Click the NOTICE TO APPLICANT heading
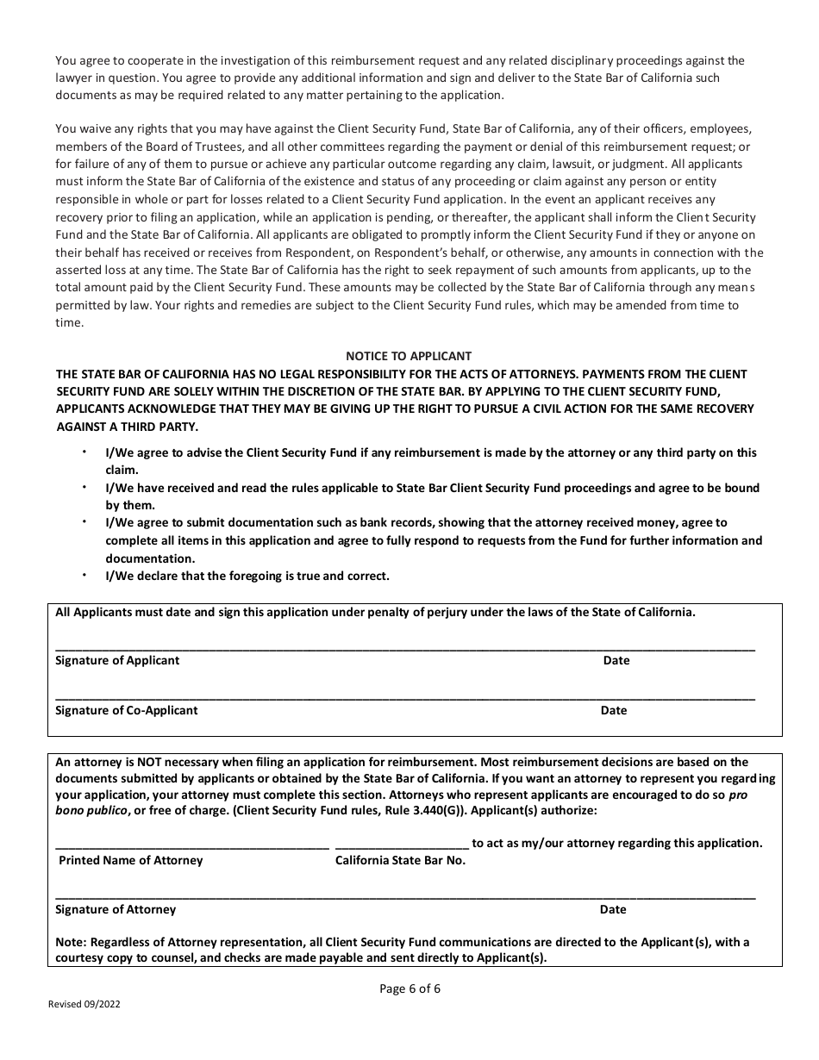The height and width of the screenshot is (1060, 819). tap(409, 356)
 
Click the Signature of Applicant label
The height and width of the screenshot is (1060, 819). tap(117, 660)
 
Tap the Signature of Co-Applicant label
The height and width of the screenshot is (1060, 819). tap(126, 710)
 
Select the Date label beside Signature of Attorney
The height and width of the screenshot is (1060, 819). tap(613, 909)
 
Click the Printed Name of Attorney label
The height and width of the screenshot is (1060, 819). tap(130, 860)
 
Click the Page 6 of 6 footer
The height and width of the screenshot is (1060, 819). tap(409, 988)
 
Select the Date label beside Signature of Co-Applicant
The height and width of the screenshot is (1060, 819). tap(614, 710)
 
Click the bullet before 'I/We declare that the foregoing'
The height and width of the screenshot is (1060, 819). tap(84, 575)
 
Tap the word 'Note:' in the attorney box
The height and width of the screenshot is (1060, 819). tap(71, 942)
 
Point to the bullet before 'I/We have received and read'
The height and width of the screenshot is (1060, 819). tap(84, 487)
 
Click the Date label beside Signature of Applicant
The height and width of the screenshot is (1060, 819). tap(616, 660)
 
